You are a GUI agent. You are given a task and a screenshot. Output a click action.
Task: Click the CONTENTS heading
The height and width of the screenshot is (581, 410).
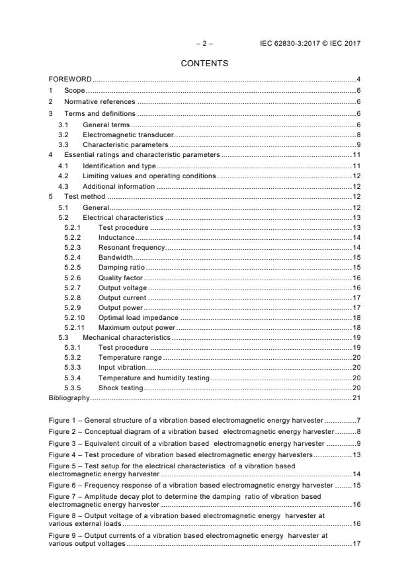pos(204,64)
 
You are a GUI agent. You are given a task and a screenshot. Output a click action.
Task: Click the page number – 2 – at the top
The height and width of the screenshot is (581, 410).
pos(204,43)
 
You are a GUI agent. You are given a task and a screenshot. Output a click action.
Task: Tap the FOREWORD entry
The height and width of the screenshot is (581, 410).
pos(70,79)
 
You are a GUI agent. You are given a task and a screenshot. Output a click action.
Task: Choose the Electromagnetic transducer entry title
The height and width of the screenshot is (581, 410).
pos(123,134)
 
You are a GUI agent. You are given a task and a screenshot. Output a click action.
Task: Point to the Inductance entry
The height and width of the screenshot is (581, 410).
pos(116,237)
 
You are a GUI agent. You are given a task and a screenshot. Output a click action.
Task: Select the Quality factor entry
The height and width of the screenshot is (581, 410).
pos(120,278)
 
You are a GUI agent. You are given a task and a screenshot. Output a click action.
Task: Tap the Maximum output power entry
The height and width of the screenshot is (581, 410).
pos(138,327)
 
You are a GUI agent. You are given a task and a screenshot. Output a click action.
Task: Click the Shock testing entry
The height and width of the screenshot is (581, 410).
pos(120,388)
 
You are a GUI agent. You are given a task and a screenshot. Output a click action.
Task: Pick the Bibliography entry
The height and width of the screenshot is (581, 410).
pos(69,397)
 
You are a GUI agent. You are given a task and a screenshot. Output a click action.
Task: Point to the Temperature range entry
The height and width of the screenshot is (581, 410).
pos(130,357)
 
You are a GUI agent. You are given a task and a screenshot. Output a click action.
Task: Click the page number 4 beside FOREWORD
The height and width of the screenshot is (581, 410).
pos(358,79)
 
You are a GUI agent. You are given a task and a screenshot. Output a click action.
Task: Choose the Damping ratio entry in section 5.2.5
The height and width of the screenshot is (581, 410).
pos(121,268)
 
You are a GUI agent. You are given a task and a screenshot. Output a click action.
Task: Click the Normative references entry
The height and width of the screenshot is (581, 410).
pos(99,102)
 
